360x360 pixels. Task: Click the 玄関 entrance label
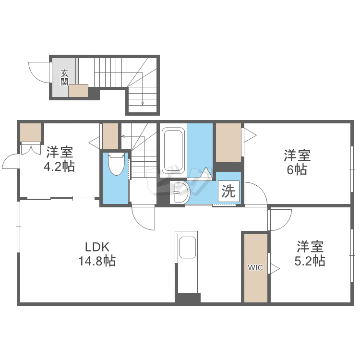[64, 77]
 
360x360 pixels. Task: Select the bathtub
[173, 150]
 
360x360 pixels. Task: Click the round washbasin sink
[181, 192]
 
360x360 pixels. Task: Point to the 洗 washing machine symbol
[228, 192]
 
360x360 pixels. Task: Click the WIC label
[255, 268]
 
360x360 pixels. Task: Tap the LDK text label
[98, 248]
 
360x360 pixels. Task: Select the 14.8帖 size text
[97, 262]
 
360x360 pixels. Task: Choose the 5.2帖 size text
[310, 261]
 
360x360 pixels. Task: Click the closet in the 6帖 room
[228, 142]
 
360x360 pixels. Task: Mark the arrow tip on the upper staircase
[143, 103]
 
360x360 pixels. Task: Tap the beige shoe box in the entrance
[78, 91]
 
